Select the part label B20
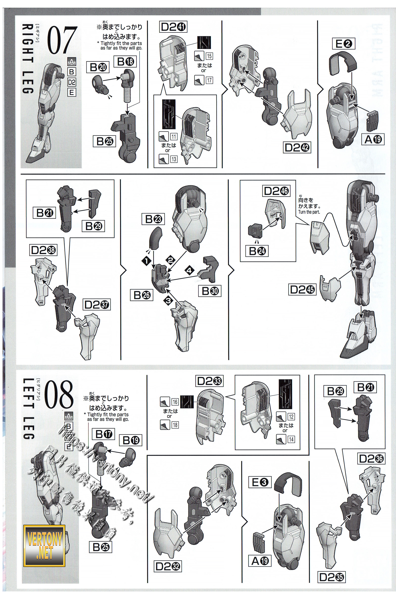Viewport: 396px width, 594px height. pos(98,67)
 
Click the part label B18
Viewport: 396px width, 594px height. pos(125,62)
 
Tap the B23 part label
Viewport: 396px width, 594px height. pos(153,219)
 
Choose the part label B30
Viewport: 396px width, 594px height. pos(210,291)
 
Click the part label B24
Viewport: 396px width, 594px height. pos(257,251)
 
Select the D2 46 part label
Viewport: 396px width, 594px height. pos(276,191)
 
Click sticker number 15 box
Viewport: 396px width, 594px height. pos(209,56)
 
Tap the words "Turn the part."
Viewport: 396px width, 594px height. pos(309,212)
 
